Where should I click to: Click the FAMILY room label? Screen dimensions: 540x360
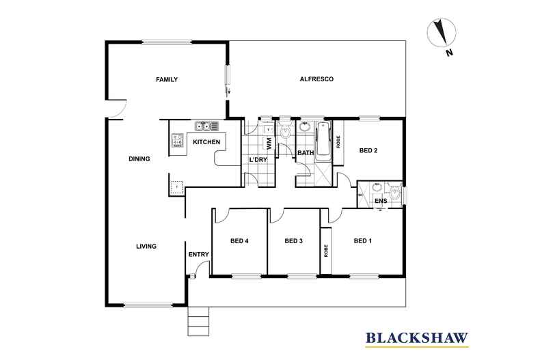(x=167, y=79)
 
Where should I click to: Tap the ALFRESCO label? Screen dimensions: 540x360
(x=316, y=79)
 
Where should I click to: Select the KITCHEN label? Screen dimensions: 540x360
(x=206, y=142)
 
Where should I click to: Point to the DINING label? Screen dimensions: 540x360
(x=139, y=158)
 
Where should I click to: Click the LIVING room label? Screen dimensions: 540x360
(x=146, y=246)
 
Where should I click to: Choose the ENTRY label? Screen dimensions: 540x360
(x=199, y=254)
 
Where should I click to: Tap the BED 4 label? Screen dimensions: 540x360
(x=239, y=241)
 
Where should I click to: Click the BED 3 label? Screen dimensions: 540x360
(x=294, y=241)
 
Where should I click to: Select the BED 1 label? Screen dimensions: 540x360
(x=363, y=241)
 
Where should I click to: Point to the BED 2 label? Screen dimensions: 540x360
(x=368, y=150)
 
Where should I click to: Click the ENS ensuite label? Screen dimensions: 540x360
(x=381, y=201)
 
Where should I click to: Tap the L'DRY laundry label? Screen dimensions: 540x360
(x=258, y=160)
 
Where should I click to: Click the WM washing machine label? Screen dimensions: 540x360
(x=269, y=143)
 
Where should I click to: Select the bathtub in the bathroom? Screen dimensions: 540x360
(x=324, y=139)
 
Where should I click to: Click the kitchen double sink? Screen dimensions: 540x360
(x=206, y=126)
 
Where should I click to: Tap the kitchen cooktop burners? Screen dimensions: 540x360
(x=178, y=141)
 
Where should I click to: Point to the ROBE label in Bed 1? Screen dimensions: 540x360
(x=326, y=251)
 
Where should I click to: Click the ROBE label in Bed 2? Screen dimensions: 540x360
(x=338, y=142)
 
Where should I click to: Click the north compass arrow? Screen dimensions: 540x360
(x=441, y=33)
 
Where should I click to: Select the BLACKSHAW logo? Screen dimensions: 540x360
(x=417, y=338)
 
